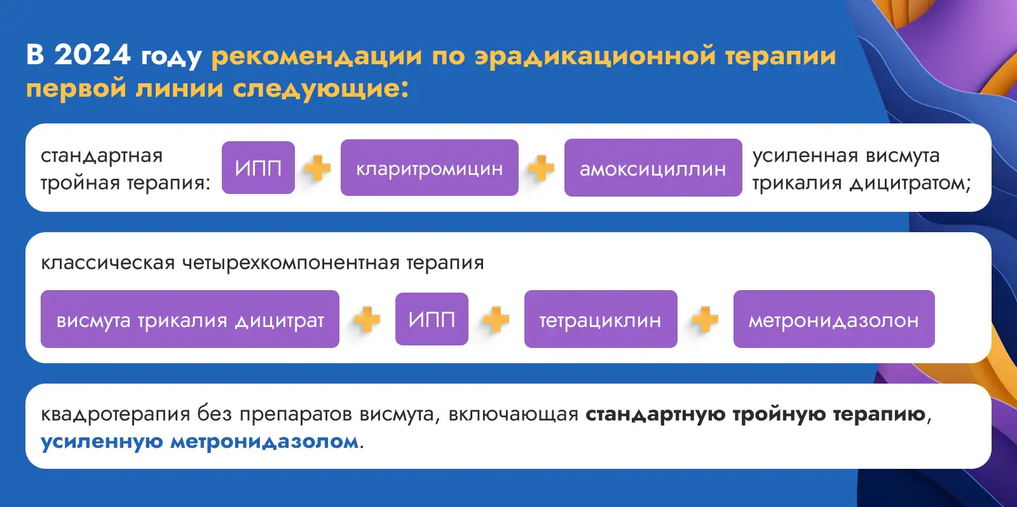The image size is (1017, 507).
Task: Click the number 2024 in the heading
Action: (92, 55)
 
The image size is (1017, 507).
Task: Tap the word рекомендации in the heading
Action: (317, 57)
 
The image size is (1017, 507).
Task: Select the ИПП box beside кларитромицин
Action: (258, 168)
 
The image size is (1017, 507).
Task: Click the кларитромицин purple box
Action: (430, 168)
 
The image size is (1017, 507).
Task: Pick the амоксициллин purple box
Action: (653, 168)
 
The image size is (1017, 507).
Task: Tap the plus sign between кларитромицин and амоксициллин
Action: (541, 168)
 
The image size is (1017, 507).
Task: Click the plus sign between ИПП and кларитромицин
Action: (317, 168)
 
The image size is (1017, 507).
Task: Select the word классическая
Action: (108, 263)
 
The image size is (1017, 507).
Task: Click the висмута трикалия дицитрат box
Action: (190, 319)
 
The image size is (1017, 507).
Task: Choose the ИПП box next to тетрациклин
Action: (432, 319)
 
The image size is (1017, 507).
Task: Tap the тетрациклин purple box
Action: (601, 319)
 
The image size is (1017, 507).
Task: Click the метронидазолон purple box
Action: (834, 319)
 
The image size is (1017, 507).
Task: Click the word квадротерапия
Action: (115, 414)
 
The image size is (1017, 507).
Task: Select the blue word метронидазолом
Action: (264, 441)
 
